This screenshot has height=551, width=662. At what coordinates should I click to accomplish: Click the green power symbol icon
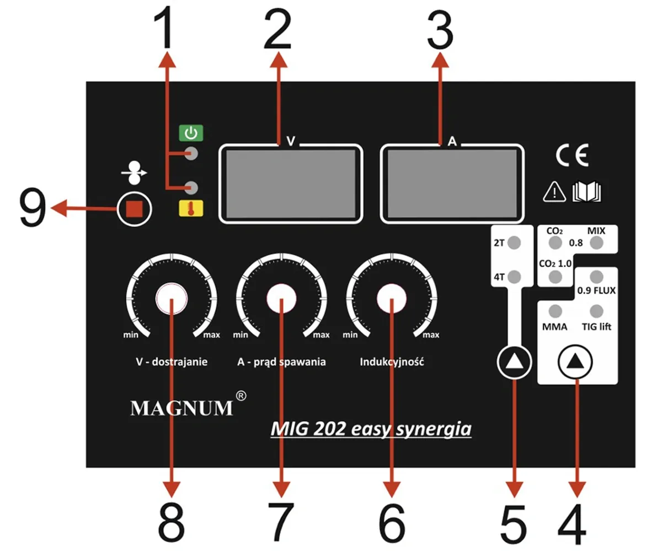(x=191, y=133)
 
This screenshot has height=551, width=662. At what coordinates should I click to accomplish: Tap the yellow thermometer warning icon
(x=191, y=208)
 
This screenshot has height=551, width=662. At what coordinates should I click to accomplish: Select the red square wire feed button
(x=134, y=209)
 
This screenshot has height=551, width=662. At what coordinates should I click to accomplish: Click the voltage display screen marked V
(x=291, y=184)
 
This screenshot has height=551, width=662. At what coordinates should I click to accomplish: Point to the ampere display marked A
(x=452, y=184)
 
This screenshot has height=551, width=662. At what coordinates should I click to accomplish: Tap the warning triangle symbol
(x=552, y=192)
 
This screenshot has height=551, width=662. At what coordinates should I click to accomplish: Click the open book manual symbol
(x=586, y=192)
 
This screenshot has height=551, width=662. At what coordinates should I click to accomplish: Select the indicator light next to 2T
(x=514, y=242)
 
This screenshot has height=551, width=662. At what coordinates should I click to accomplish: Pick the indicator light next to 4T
(x=514, y=276)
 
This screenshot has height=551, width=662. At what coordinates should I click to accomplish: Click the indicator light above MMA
(x=556, y=310)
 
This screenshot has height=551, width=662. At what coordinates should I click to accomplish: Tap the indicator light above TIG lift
(x=596, y=310)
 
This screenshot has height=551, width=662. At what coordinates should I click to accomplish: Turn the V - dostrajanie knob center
(x=171, y=299)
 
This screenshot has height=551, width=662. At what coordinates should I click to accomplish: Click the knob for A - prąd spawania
(x=281, y=299)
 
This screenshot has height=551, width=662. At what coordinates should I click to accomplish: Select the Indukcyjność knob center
(x=391, y=299)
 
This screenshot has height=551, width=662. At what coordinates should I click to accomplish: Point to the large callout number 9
(x=33, y=209)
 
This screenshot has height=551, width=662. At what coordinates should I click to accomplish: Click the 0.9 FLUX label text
(x=596, y=290)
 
